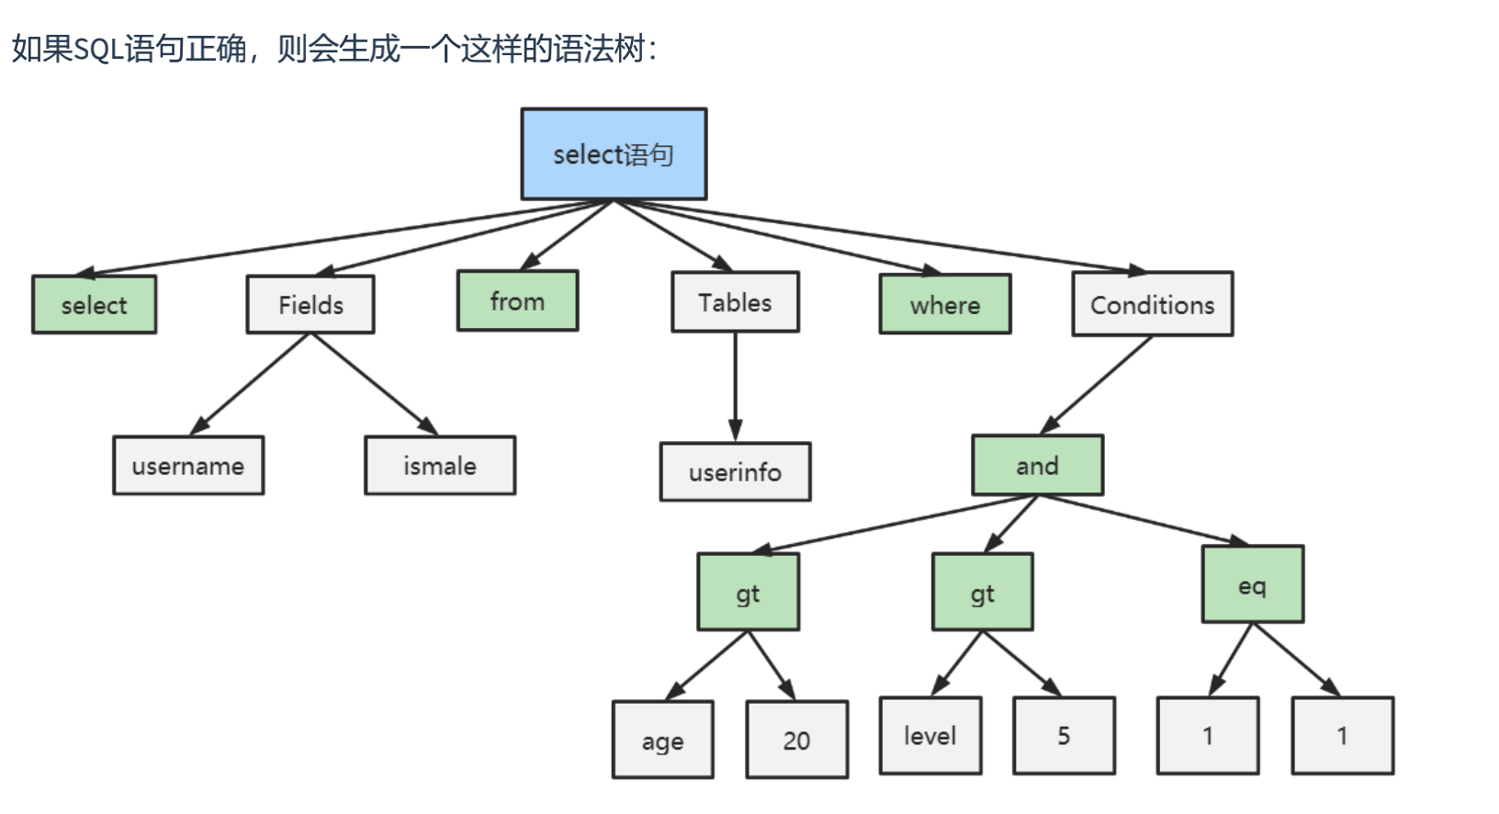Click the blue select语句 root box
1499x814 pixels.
pyautogui.click(x=614, y=154)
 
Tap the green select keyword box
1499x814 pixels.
pyautogui.click(x=94, y=305)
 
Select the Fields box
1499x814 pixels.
pyautogui.click(x=310, y=305)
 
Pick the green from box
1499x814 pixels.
pyautogui.click(x=517, y=301)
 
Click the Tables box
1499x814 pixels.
pyautogui.click(x=735, y=302)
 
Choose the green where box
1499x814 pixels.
pyautogui.click(x=944, y=305)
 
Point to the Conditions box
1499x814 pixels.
pyautogui.click(x=1152, y=305)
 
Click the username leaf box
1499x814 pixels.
pyautogui.click(x=188, y=466)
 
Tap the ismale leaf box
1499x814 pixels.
pyautogui.click(x=440, y=466)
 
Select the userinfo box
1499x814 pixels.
pyautogui.click(x=735, y=472)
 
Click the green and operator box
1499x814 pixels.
pyautogui.click(x=1037, y=466)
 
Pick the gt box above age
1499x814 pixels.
pyautogui.click(x=748, y=593)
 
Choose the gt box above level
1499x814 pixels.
pyautogui.click(x=982, y=593)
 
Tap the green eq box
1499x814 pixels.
pyautogui.click(x=1252, y=585)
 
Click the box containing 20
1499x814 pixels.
pyautogui.click(x=796, y=740)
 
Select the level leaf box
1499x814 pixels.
pyautogui.click(x=930, y=735)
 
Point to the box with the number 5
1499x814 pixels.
pyautogui.click(x=1064, y=735)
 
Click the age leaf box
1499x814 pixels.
pyautogui.click(x=662, y=741)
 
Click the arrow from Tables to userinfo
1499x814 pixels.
pyautogui.click(x=735, y=386)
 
